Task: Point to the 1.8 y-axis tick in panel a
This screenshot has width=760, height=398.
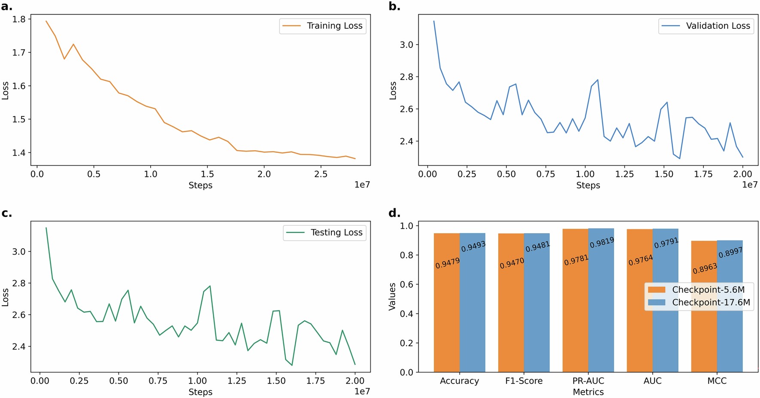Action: [19, 19]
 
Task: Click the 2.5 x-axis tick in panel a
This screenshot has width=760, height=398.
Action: [321, 174]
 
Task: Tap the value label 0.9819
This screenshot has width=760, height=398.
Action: [602, 243]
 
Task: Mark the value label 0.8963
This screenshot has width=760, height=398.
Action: [705, 268]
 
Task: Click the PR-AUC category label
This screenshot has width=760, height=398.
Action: [588, 381]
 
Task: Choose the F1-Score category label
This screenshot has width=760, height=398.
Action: [524, 381]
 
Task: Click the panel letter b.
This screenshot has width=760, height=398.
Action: [394, 6]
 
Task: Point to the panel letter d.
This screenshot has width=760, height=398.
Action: [394, 213]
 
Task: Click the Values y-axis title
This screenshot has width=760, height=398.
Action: [392, 296]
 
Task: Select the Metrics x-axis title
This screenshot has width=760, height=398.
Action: [588, 392]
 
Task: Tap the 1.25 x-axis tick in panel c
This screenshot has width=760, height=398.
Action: [236, 381]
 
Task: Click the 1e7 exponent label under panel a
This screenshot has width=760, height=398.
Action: [362, 185]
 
